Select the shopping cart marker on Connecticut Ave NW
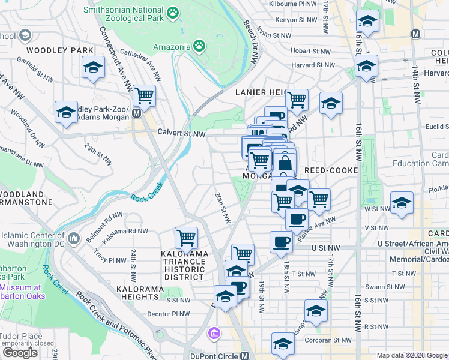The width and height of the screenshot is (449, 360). [144, 95]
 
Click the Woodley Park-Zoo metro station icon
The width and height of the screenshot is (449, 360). [137, 113]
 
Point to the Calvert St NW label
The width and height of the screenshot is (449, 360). [181, 133]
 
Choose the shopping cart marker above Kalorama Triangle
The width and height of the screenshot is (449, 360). [186, 238]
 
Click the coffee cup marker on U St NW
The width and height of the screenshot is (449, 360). [281, 242]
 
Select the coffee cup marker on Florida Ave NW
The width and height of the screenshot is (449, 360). [297, 220]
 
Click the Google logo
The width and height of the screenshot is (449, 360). [20, 353]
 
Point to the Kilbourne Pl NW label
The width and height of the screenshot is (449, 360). [294, 4]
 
